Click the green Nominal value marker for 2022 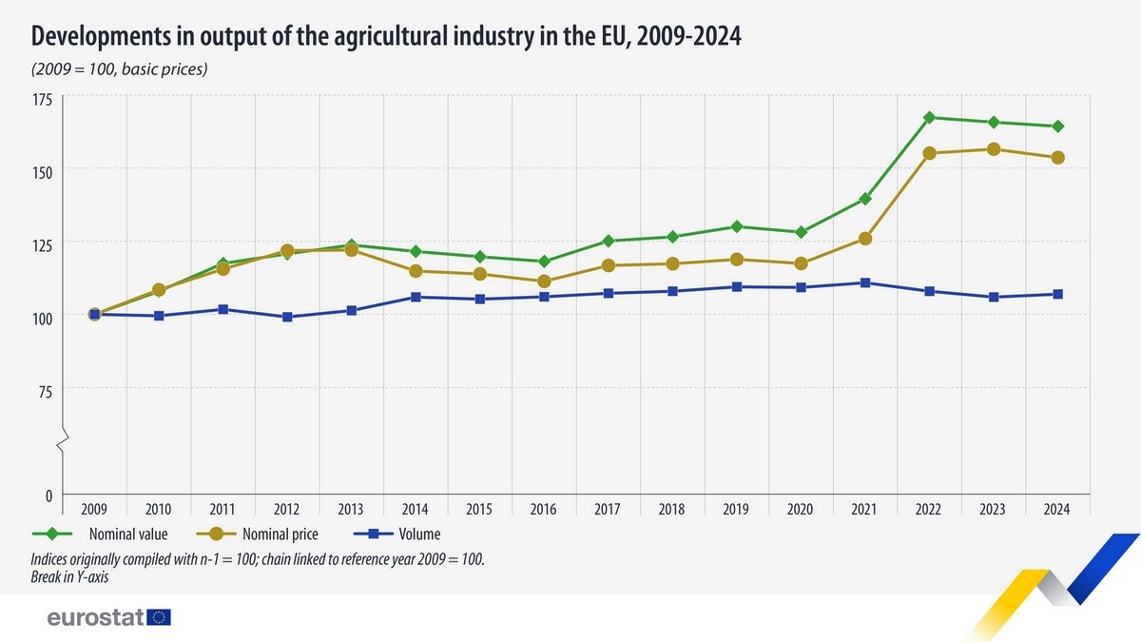[929, 118]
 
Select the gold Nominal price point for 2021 [864, 239]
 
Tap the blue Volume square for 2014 [416, 297]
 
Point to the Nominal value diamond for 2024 [1057, 126]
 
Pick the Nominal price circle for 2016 [544, 282]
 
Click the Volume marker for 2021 [864, 282]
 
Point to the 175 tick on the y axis [44, 99]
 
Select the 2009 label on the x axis [94, 509]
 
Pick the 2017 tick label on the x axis [608, 509]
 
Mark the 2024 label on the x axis [1056, 509]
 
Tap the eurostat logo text [95, 617]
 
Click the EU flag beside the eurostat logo [160, 617]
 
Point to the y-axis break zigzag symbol [63, 443]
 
